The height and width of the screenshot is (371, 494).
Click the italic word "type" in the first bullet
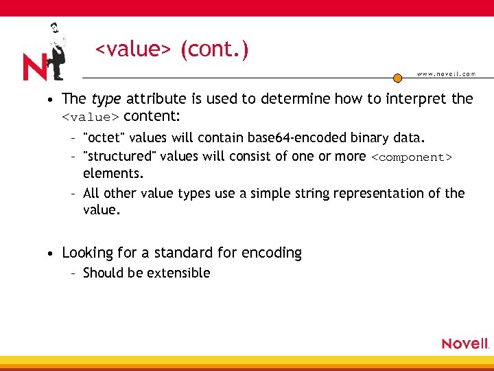(x=105, y=99)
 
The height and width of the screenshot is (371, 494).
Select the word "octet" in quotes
(x=101, y=137)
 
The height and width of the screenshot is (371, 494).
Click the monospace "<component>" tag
(x=412, y=157)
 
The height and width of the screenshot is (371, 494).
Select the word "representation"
(x=379, y=193)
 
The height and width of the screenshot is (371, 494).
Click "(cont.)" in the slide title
(x=215, y=49)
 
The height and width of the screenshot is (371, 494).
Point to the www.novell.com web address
(x=446, y=74)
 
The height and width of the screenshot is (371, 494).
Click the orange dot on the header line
(x=397, y=78)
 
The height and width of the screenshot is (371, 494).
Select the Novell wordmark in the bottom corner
(x=464, y=343)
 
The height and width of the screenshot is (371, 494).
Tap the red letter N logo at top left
(x=34, y=67)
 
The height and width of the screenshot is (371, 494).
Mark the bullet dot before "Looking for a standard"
(x=51, y=254)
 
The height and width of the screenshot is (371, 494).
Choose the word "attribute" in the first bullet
(x=155, y=99)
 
